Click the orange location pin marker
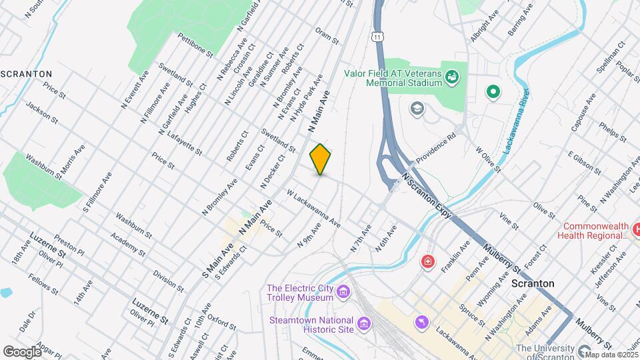[x=321, y=159]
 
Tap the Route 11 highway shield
[x=378, y=35]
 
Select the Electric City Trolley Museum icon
[x=343, y=291]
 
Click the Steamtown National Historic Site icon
[x=363, y=323]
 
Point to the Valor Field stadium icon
[x=453, y=77]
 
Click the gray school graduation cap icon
[x=417, y=108]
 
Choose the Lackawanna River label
[x=514, y=129]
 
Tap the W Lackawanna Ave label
[x=313, y=208]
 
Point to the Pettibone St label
[x=195, y=44]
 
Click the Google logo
[x=22, y=351]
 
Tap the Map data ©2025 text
[x=611, y=355]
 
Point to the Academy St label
[x=129, y=245]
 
